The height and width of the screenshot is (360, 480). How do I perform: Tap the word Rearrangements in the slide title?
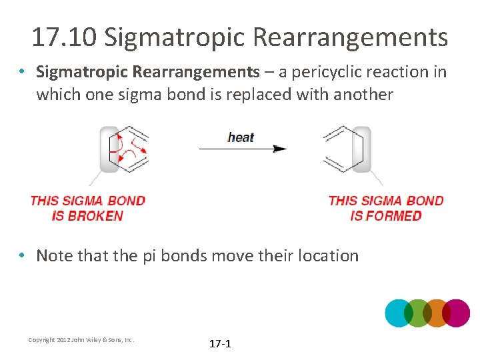point(352,37)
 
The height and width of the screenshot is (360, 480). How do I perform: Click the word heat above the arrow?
point(240,137)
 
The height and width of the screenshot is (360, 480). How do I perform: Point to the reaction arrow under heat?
point(243,149)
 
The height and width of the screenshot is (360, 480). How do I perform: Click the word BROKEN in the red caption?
point(95,216)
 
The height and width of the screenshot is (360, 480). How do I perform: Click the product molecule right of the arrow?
point(347,149)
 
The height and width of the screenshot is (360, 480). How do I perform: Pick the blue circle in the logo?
point(399,313)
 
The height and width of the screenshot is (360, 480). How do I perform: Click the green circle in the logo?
point(418,313)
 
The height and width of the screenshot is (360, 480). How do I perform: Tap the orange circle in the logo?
point(437,313)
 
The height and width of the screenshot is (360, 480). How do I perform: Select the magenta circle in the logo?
point(456,313)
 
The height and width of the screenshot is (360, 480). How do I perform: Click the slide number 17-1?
point(220,344)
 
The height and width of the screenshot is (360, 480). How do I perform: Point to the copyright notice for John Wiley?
point(81,340)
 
